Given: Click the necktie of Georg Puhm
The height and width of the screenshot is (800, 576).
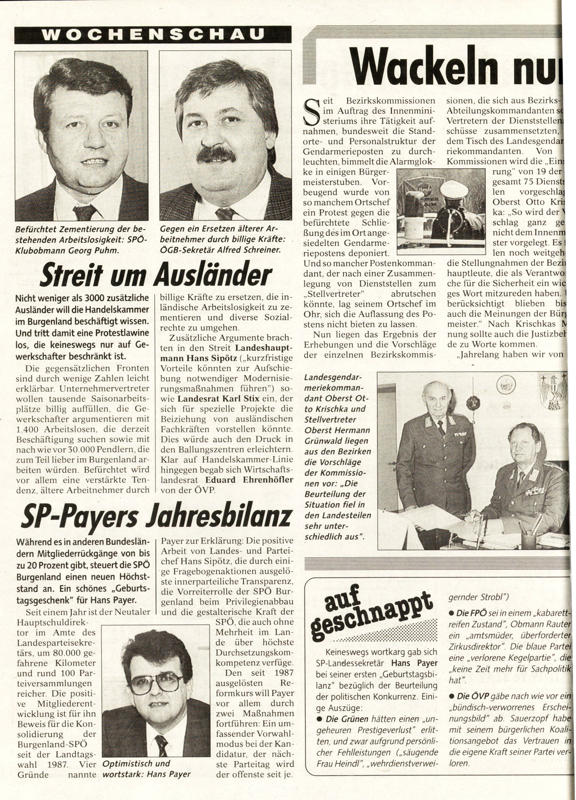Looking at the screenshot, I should tap(84, 212).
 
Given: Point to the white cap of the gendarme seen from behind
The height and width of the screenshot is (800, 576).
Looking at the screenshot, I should tap(453, 190).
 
